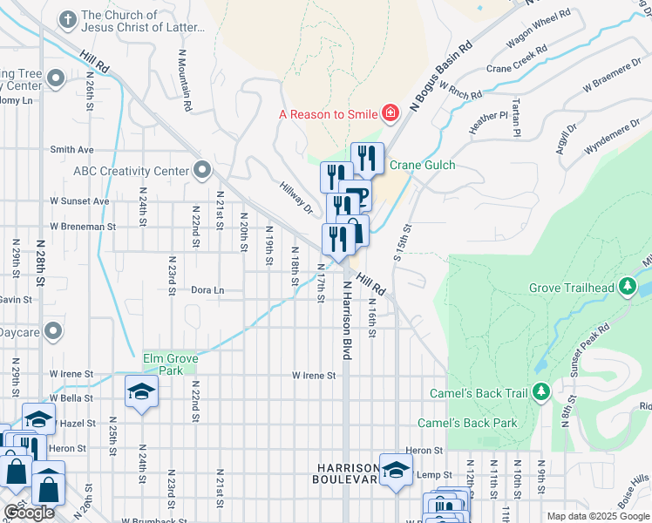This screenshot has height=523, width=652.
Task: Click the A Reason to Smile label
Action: click(x=328, y=114)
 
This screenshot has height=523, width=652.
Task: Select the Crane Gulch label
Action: click(x=422, y=166)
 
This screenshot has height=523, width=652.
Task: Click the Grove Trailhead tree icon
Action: click(x=627, y=287)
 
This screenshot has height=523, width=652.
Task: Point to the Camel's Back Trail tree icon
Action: click(x=541, y=393)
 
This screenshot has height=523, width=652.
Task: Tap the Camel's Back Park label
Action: click(x=467, y=424)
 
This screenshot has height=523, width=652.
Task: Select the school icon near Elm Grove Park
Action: click(x=140, y=392)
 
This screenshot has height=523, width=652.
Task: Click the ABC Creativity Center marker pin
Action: click(x=202, y=170)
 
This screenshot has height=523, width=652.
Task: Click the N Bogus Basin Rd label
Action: click(x=441, y=78)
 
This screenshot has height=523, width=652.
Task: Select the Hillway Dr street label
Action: click(x=296, y=199)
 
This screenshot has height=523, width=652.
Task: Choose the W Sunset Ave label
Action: click(x=78, y=201)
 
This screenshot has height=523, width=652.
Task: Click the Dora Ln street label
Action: click(x=207, y=290)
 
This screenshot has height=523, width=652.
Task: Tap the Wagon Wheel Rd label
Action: click(x=540, y=30)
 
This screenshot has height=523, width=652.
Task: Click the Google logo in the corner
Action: click(x=29, y=513)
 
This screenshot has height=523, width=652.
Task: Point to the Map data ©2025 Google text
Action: click(x=598, y=516)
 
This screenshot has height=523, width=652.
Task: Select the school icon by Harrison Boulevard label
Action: click(x=396, y=468)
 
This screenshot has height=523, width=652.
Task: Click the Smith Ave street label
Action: click(x=71, y=150)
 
